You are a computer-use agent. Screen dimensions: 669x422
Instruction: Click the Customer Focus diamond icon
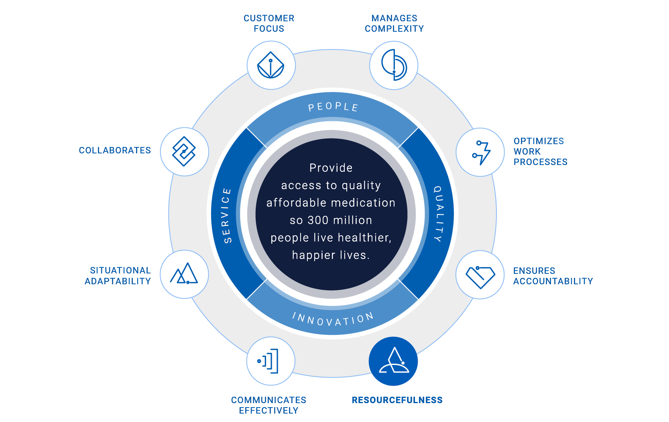271,65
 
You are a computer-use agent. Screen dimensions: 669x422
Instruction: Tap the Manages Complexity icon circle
394,65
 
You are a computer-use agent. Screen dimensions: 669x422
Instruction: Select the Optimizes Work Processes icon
480,152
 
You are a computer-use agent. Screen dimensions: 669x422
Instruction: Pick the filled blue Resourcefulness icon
393,361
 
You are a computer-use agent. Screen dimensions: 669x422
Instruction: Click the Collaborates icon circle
185,152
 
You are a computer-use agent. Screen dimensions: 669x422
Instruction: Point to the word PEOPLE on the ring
333,107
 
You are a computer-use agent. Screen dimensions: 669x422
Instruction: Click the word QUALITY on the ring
439,214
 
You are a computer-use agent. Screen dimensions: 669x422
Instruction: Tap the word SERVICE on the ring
227,216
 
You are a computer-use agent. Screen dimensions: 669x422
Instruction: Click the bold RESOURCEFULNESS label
397,400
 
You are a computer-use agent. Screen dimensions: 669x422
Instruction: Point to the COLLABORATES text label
115,150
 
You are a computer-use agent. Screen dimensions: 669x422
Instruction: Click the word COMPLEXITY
394,29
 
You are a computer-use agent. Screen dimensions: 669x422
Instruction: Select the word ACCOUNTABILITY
553,281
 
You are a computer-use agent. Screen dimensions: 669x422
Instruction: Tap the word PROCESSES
541,162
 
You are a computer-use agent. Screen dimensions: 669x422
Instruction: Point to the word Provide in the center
331,168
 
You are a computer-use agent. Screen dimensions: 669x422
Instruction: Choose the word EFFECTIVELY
269,411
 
